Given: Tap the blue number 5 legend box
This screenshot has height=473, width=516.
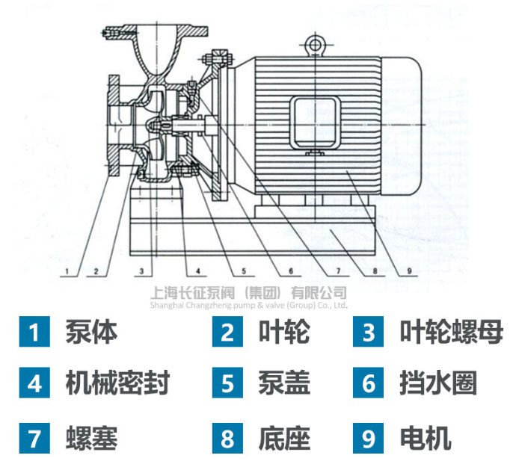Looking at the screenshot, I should [227, 385].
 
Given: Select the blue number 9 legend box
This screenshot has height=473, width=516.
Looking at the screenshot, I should [369, 438].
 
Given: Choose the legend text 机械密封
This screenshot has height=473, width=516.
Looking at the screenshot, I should [117, 384].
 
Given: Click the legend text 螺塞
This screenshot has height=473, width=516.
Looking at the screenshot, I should [91, 438].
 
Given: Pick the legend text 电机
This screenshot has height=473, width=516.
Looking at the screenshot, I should [426, 438].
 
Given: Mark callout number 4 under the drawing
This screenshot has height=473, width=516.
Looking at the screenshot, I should [197, 269].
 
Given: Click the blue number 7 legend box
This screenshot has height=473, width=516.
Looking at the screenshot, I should [34, 438].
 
